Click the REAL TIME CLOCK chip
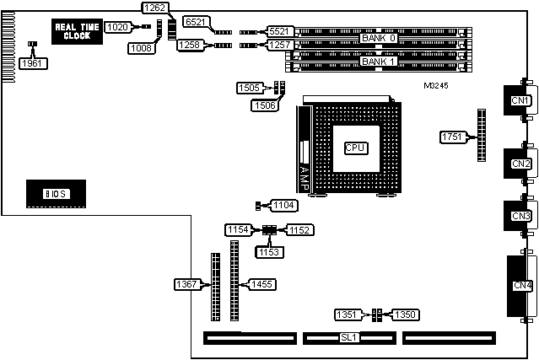tap(78, 31)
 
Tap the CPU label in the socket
tap(355, 148)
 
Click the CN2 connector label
tap(521, 164)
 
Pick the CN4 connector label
tap(523, 286)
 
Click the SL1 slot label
tap(348, 337)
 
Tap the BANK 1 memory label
tap(378, 62)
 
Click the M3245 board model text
tap(438, 85)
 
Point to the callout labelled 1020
tap(118, 27)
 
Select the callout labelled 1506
tap(263, 105)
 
